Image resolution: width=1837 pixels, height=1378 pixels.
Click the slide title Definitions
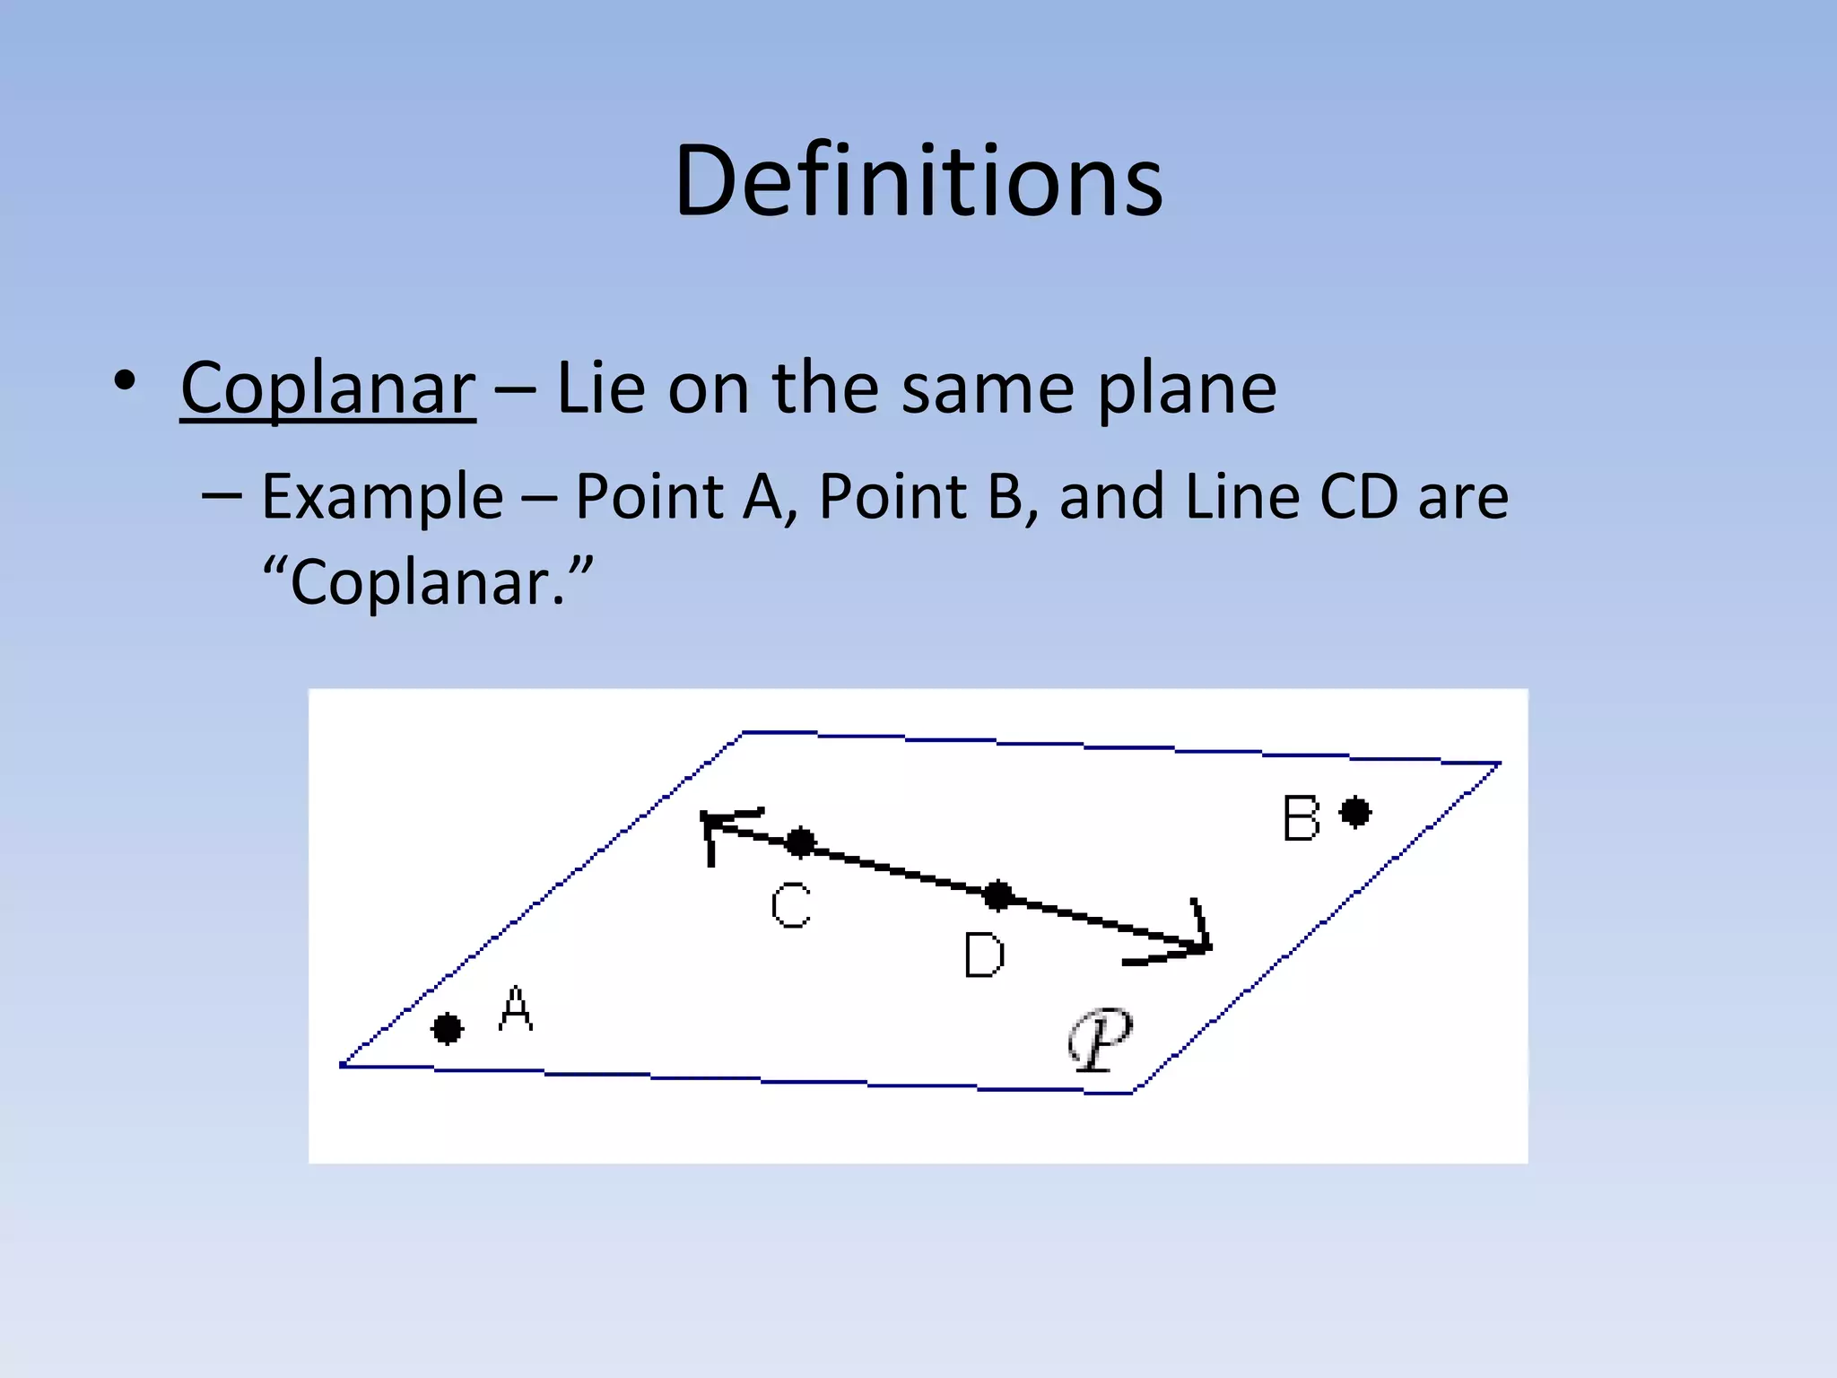click(x=918, y=181)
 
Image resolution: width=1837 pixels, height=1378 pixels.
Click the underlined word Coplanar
click(x=327, y=388)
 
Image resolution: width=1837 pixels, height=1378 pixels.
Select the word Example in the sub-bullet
click(x=382, y=496)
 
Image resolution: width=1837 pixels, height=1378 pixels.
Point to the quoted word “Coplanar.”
click(x=428, y=582)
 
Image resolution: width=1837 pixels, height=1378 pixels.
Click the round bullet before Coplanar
click(x=125, y=380)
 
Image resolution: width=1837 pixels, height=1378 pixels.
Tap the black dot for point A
click(x=447, y=1028)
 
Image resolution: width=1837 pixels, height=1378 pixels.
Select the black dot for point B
click(x=1354, y=813)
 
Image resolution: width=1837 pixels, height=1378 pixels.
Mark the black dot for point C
click(x=800, y=842)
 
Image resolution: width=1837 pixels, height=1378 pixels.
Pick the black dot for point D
click(x=997, y=894)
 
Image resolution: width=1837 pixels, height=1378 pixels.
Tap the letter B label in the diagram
click(x=1301, y=818)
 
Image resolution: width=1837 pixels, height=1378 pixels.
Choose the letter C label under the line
click(x=791, y=905)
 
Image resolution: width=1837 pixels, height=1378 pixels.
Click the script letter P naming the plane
click(x=1101, y=1039)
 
